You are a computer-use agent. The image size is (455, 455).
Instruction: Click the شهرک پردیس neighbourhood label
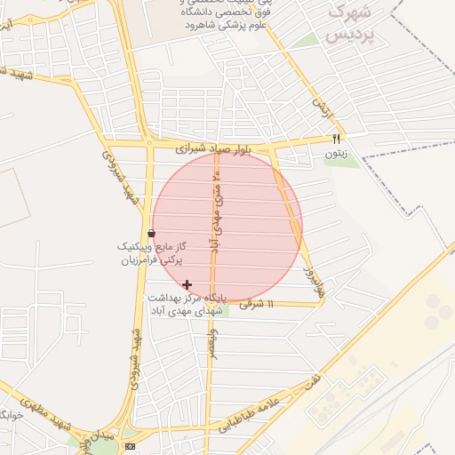click(x=347, y=24)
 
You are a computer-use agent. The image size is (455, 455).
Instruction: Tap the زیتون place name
click(x=335, y=154)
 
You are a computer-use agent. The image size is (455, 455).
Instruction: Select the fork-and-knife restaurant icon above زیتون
click(x=336, y=138)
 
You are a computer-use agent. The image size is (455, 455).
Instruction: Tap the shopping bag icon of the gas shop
click(x=150, y=233)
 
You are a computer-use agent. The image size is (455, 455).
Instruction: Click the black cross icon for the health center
click(x=187, y=284)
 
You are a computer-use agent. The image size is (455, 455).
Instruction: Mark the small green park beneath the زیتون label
click(x=335, y=163)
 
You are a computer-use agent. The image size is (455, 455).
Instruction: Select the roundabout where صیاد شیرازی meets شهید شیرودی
click(x=149, y=141)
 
